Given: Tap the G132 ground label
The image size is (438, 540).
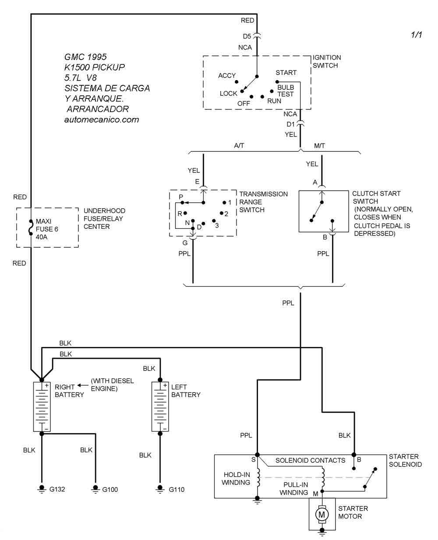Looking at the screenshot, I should (57, 489).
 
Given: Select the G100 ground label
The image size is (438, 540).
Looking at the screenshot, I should (110, 489).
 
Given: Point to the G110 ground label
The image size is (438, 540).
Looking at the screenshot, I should (177, 489).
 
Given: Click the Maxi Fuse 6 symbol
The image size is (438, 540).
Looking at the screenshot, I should (31, 228).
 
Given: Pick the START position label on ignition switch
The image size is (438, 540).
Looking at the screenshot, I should (286, 73).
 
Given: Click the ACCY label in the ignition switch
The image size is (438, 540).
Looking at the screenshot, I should (227, 76).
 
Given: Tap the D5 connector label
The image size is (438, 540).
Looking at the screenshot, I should (247, 36).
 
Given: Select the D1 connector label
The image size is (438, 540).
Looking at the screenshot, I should (291, 124).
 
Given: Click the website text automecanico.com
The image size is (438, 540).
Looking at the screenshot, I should (101, 119).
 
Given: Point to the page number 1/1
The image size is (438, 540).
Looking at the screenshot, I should (416, 35).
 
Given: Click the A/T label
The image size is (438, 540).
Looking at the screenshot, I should (239, 145).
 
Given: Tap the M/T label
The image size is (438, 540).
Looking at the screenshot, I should (320, 145).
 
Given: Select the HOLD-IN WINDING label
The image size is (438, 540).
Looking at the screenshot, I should (237, 478).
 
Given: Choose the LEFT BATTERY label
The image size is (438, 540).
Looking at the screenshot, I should (186, 391).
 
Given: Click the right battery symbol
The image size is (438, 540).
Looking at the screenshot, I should (42, 407).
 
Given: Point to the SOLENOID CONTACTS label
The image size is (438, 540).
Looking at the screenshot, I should (310, 460).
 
